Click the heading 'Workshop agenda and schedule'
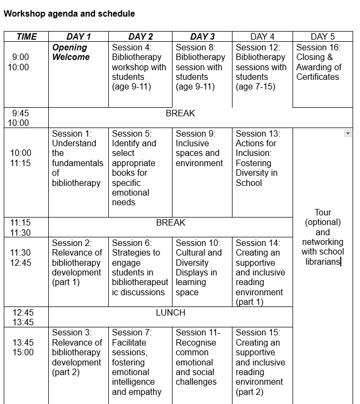pyautogui.click(x=69, y=14)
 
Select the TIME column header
pyautogui.click(x=26, y=36)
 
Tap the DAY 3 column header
pyautogui.click(x=202, y=36)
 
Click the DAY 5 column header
pyautogui.click(x=322, y=36)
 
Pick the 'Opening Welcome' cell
pyautogui.click(x=71, y=53)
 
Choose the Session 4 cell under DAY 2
pyautogui.click(x=139, y=67)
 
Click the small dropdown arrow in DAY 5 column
pyautogui.click(x=348, y=133)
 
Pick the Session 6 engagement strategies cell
pyautogui.click(x=139, y=267)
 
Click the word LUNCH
pyautogui.click(x=170, y=312)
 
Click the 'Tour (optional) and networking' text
pyautogui.click(x=322, y=237)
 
